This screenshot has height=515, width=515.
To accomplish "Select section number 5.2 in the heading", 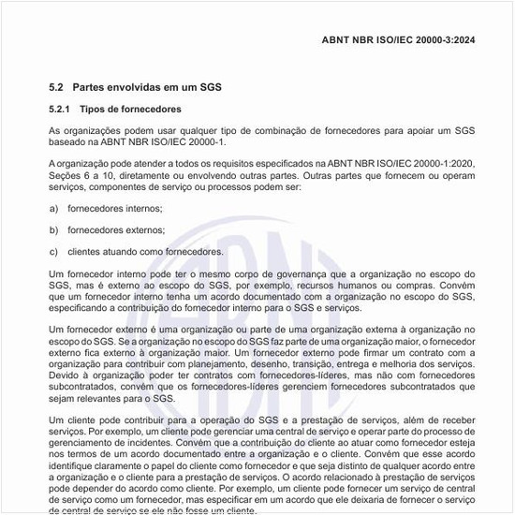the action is coord(55,87).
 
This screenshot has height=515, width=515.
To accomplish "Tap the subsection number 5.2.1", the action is coord(60,110).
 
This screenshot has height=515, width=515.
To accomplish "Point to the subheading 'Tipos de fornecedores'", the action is coord(130,110).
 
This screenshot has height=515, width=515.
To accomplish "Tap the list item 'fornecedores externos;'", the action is coord(115,229).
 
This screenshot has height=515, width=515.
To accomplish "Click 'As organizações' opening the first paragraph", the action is coord(80,130).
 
